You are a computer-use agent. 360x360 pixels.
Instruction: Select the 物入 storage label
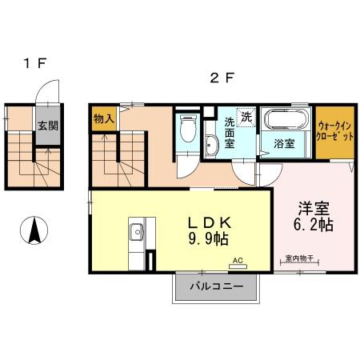[103, 118]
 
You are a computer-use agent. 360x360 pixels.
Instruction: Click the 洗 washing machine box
[246, 117]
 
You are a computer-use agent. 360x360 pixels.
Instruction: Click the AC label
[238, 261]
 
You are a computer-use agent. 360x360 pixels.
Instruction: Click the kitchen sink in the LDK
[135, 234]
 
